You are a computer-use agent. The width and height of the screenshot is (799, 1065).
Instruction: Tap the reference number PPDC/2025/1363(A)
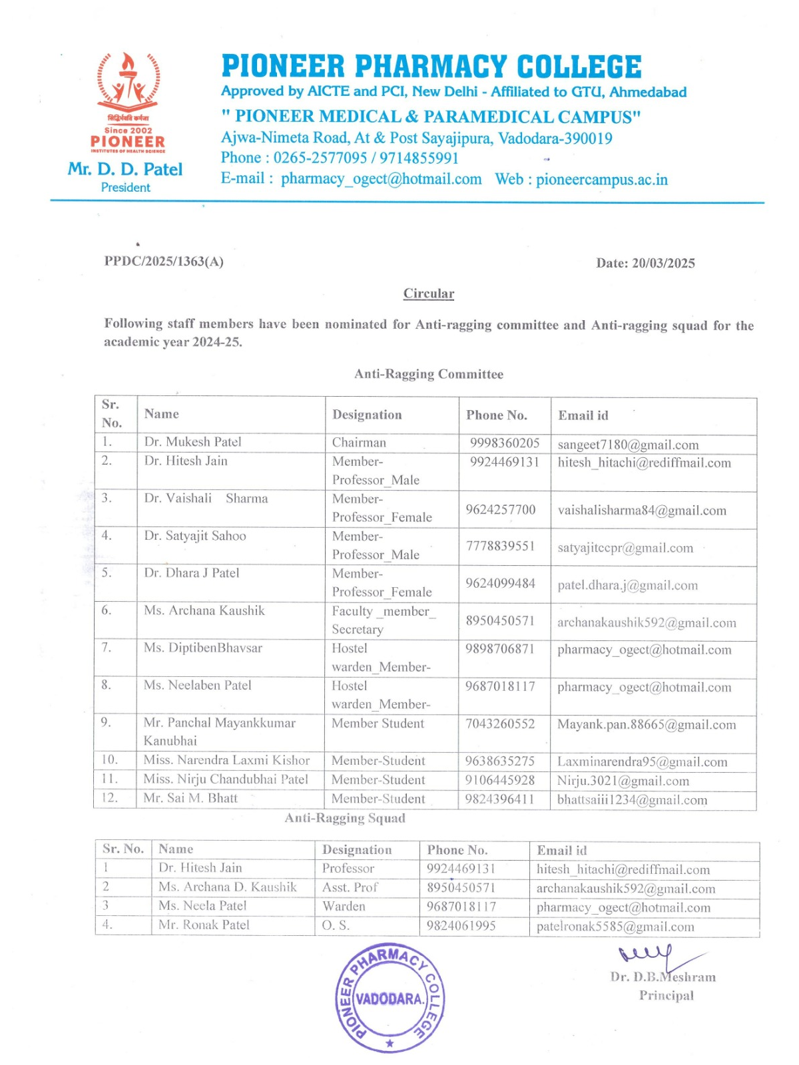tap(164, 261)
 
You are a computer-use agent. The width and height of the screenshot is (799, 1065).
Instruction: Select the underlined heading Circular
tap(429, 294)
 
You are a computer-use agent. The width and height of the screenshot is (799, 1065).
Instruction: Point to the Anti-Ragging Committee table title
tap(429, 374)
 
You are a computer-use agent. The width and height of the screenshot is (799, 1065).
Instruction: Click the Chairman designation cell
tap(359, 443)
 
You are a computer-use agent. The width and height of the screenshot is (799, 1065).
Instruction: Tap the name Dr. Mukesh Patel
tap(193, 442)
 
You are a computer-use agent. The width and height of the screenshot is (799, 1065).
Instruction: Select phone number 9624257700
tap(501, 510)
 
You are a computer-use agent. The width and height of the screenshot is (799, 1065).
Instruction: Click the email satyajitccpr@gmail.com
tap(625, 548)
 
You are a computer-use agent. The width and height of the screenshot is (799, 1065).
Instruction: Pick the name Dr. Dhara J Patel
tap(192, 573)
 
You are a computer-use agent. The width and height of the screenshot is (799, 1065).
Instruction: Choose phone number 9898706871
tap(500, 649)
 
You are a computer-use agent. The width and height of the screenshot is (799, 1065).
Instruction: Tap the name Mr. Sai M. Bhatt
tap(190, 798)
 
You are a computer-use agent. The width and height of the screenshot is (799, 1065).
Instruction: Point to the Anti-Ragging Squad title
tap(345, 818)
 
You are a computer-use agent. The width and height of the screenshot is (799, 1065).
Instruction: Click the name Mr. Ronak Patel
tap(204, 925)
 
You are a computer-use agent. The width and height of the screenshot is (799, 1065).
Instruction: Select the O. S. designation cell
tap(336, 925)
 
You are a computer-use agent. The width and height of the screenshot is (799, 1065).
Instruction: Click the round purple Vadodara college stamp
tap(390, 998)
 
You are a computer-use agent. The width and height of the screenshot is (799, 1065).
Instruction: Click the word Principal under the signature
tap(666, 995)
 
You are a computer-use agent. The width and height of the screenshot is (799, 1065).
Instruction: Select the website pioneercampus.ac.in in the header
tap(602, 180)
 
